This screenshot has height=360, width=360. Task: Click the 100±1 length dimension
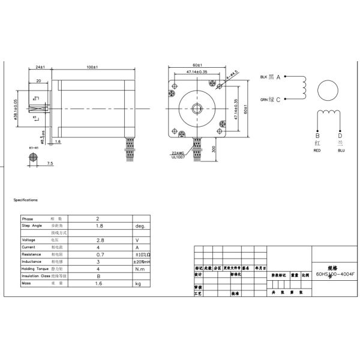[92, 67]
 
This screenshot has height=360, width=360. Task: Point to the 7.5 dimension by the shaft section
[50, 163]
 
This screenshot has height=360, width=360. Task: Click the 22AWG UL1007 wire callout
[178, 155]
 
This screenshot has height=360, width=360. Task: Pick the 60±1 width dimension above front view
[197, 65]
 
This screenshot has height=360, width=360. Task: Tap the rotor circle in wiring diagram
[328, 91]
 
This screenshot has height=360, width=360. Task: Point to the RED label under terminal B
[317, 151]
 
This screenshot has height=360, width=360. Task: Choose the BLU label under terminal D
[341, 151]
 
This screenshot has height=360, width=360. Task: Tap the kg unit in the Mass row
[137, 283]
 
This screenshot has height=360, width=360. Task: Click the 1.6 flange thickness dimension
[58, 142]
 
